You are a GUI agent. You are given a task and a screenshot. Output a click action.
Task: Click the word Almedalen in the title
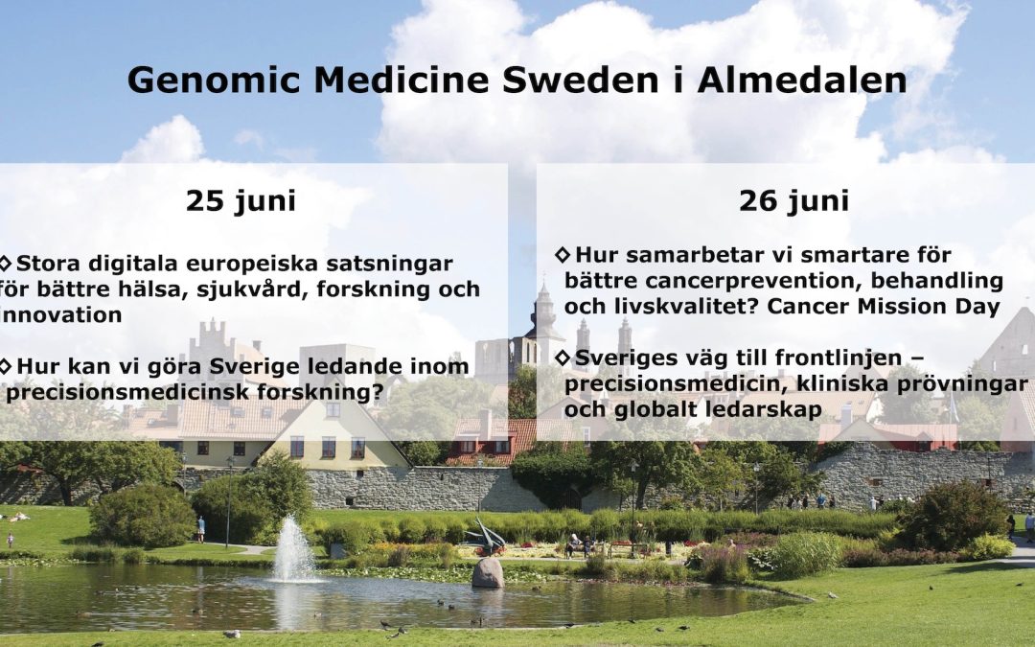click(802, 81)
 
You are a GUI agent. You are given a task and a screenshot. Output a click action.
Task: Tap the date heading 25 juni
click(241, 200)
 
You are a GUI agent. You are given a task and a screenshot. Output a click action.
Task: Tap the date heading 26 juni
click(793, 200)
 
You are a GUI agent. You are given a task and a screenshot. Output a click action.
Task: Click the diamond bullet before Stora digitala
click(6, 263)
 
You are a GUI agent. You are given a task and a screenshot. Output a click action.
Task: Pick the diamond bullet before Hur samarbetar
click(563, 254)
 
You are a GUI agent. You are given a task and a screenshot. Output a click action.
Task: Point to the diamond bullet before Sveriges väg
click(563, 358)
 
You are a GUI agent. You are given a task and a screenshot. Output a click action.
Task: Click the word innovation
click(61, 315)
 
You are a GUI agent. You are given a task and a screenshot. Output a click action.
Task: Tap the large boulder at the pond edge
click(488, 573)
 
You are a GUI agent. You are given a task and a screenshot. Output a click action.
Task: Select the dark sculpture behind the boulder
click(485, 536)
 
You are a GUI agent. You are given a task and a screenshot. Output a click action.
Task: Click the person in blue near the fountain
click(200, 529)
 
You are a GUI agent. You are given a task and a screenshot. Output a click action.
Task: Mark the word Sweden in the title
click(581, 81)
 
